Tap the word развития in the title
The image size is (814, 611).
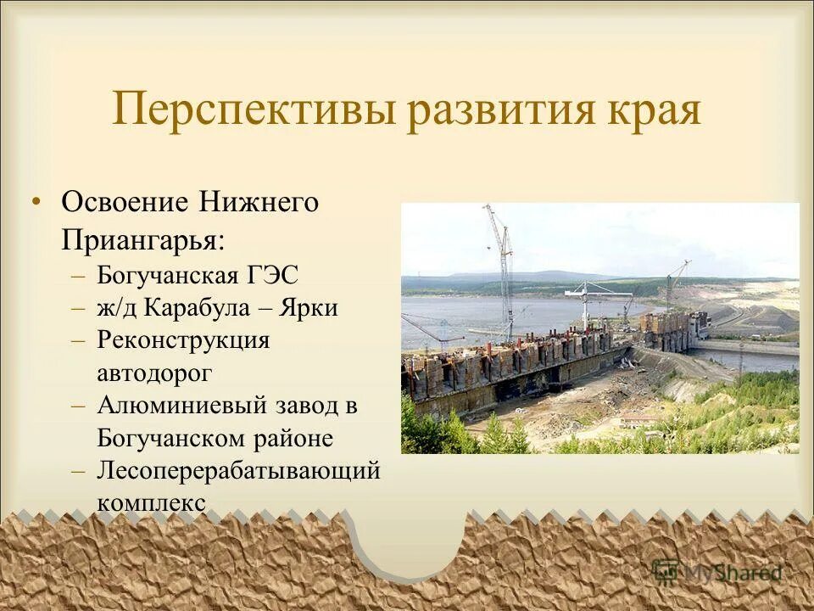pos(509,111)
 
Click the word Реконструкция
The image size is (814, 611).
pos(183,339)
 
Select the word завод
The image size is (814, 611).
pos(306,405)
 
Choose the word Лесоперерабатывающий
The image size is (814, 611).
pos(238,471)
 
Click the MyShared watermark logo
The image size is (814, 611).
pos(717,573)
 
